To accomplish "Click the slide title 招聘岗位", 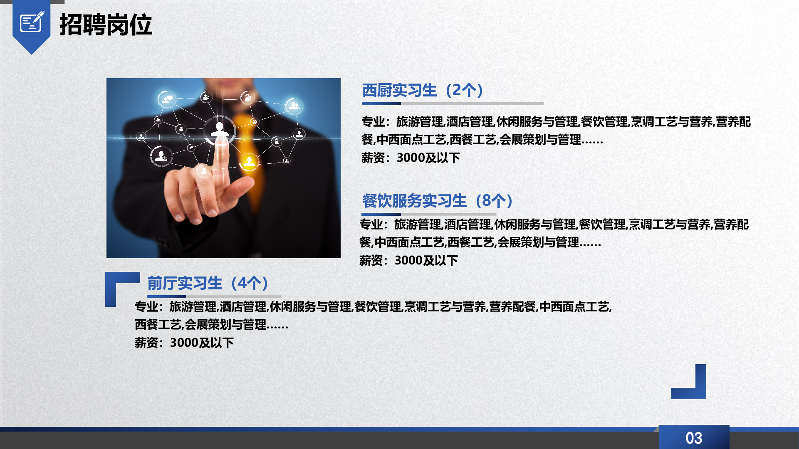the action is pyautogui.click(x=106, y=25).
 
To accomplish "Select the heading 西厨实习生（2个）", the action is pyautogui.click(x=423, y=90).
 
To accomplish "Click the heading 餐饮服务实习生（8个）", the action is pyautogui.click(x=438, y=201).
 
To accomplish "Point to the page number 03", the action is pyautogui.click(x=694, y=438).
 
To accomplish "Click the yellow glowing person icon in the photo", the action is pyautogui.click(x=249, y=162).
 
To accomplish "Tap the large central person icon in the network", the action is pyautogui.click(x=220, y=130).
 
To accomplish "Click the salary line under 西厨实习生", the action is pyautogui.click(x=411, y=158).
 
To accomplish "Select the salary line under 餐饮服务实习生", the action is pyautogui.click(x=408, y=261).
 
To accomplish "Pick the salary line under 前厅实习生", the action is pyautogui.click(x=184, y=343).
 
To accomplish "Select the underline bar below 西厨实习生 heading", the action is pyautogui.click(x=453, y=104).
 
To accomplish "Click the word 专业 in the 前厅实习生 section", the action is pyautogui.click(x=146, y=307).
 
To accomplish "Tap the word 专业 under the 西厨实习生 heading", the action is pyautogui.click(x=373, y=122).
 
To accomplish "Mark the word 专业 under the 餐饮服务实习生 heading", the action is pyautogui.click(x=371, y=224).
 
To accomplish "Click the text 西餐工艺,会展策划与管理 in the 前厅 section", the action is pyautogui.click(x=200, y=325).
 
